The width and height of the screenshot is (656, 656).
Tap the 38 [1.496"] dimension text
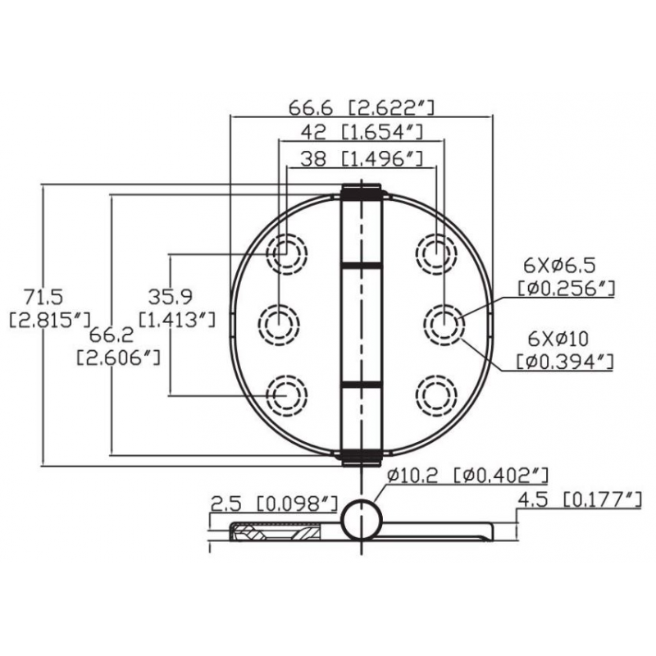354,160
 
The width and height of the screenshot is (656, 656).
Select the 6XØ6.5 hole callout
559,265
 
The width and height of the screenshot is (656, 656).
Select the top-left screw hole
287,253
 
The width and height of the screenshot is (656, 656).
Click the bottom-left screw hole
287,394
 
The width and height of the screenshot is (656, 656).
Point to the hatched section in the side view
279,534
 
